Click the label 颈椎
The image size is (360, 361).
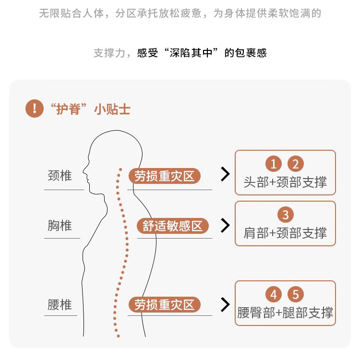point(60,176)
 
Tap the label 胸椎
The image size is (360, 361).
point(60,225)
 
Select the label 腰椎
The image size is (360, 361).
point(60,304)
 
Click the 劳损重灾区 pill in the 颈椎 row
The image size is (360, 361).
point(164,176)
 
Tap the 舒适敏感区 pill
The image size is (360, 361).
point(173,226)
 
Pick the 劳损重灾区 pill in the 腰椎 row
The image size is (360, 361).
point(164,305)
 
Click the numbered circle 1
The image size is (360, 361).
point(274,165)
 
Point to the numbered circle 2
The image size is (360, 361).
point(296,165)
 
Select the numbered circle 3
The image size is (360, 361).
point(285,215)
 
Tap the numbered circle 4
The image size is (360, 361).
point(274,294)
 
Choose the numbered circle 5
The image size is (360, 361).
point(296,294)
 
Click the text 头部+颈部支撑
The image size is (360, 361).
point(285,182)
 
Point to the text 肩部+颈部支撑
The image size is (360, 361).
point(285,233)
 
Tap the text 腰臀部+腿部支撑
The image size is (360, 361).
point(285,313)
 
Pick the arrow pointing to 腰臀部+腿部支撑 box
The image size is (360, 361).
point(225,304)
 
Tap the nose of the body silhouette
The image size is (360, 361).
point(84,169)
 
